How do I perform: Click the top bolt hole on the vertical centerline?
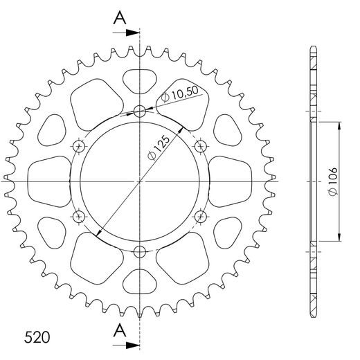[x=140, y=111]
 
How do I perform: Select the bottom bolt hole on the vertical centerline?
[x=140, y=251]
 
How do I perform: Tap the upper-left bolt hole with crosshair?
[x=78, y=146]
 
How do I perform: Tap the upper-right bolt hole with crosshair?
[x=201, y=146]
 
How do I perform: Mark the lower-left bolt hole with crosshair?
[x=78, y=217]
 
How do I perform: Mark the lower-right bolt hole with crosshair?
[x=201, y=217]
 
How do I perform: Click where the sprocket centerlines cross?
[x=140, y=181]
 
